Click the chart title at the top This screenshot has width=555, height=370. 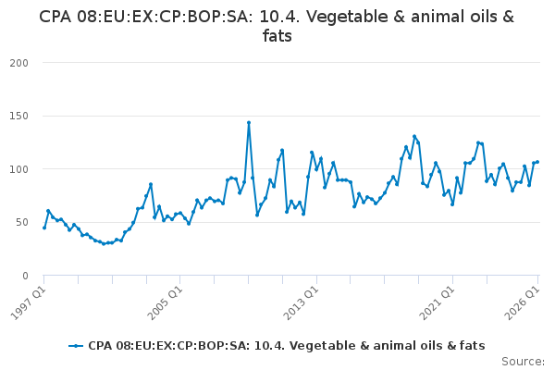click(277, 26)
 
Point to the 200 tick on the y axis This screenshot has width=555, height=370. click(19, 63)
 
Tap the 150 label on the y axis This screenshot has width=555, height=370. click(19, 117)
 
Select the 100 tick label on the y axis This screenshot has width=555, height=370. click(19, 169)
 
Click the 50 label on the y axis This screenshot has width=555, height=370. click(21, 222)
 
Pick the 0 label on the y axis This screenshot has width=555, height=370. click(25, 276)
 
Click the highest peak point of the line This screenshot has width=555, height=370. click(249, 123)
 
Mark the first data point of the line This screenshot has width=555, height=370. click(44, 228)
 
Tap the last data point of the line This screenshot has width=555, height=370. click(537, 162)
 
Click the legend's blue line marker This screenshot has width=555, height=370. click(76, 346)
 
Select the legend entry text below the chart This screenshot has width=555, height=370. click(287, 346)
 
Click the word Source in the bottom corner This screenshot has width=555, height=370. click(523, 362)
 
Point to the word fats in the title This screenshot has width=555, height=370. click(277, 36)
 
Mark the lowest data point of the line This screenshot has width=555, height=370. click(104, 243)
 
